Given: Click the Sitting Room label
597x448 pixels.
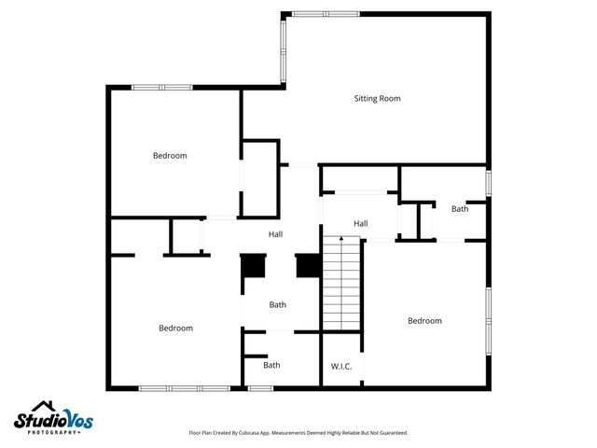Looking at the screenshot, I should (x=377, y=98).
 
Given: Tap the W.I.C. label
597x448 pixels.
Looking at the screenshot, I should (x=340, y=366).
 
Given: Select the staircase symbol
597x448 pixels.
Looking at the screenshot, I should (x=341, y=284).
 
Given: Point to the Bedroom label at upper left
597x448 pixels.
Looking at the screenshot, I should (x=170, y=156).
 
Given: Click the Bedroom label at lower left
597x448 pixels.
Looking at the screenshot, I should (x=175, y=328).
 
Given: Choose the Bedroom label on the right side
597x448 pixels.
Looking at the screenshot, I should (x=424, y=321).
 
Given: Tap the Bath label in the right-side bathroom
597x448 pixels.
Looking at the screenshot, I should (x=460, y=209).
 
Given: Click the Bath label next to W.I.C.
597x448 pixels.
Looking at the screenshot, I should (x=271, y=365).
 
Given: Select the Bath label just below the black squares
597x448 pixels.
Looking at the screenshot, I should (x=278, y=304).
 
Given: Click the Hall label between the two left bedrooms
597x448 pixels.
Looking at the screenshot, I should (x=275, y=234).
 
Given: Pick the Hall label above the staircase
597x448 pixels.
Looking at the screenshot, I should (x=360, y=223).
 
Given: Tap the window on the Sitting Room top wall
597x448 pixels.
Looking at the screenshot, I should (x=325, y=14).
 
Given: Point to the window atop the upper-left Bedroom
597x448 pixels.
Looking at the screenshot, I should (x=161, y=88).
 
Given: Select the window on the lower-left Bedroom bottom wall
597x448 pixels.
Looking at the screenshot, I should (x=184, y=388).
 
